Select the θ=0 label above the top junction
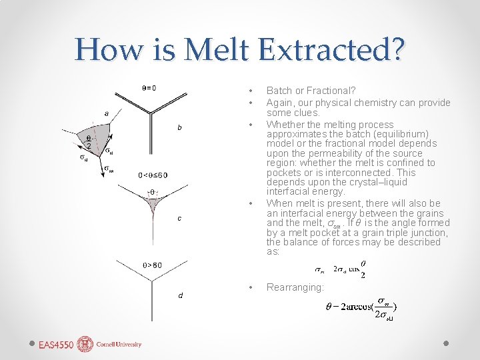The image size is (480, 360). coord(149,87)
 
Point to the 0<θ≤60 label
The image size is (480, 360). coord(153,175)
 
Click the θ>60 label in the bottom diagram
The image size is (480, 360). coord(152,265)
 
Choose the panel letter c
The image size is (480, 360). coord(179,218)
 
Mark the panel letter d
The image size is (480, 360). coord(179,295)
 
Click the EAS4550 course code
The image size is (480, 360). coord(56,345)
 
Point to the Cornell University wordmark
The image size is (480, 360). coord(119,345)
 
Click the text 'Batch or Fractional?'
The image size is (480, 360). coord(311,90)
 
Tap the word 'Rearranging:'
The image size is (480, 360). coord(295,287)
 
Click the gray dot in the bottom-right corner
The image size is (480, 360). coord(446,344)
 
